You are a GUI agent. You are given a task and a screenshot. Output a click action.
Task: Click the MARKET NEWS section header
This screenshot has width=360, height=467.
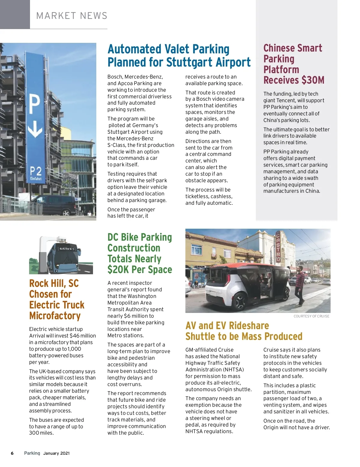click(72, 16)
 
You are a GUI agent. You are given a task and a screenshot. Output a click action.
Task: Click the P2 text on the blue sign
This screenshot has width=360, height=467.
click(35, 171)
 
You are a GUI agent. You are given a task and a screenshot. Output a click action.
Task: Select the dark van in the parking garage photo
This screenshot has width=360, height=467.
click(53, 205)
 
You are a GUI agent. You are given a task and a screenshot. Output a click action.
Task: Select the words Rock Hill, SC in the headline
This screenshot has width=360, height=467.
click(54, 283)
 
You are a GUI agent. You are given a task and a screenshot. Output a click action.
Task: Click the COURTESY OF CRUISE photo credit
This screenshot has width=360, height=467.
click(311, 316)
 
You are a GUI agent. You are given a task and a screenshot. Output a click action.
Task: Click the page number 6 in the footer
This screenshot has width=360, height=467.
click(12, 453)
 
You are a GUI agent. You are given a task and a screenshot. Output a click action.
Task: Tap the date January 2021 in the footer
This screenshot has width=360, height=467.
click(56, 453)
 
